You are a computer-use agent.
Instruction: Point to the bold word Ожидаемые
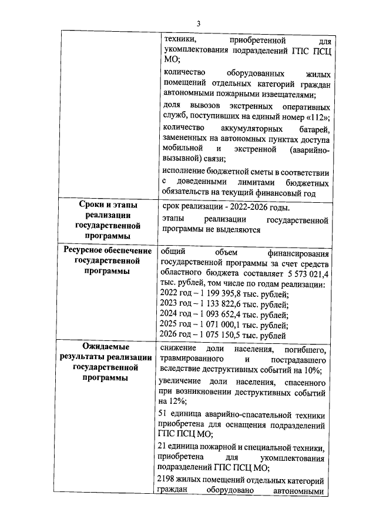(x=103, y=348)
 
